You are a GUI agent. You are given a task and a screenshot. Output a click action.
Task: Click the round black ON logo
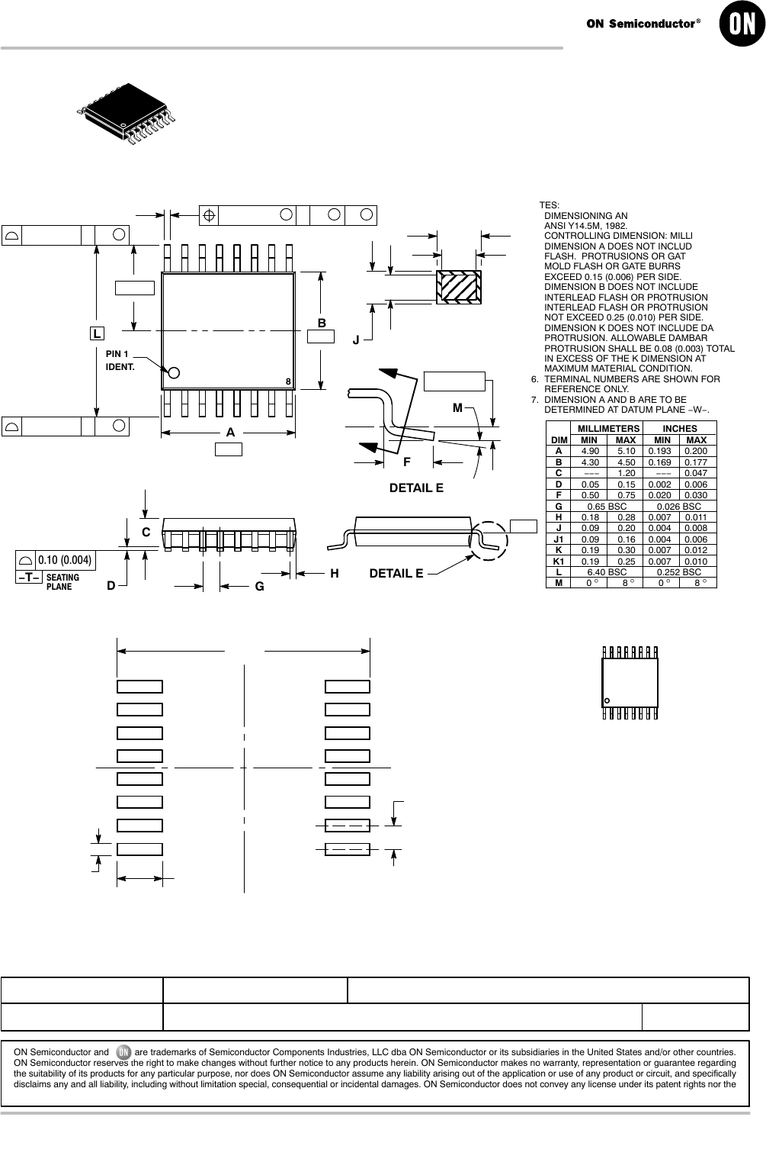coord(742,24)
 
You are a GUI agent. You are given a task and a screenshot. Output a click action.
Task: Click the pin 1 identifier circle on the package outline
coord(174,372)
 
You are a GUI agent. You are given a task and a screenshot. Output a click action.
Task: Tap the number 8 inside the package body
coord(288,381)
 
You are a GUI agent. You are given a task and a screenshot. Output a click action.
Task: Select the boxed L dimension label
coord(97,333)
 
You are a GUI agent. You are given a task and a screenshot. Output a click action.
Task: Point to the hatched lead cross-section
coord(459,287)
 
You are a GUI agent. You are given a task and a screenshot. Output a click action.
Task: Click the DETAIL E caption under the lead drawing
coord(416,488)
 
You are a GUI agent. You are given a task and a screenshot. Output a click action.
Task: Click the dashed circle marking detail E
coord(489,540)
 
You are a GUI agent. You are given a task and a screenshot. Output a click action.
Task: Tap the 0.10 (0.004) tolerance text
coord(65,560)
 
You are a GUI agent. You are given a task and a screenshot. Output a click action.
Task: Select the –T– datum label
coord(29,577)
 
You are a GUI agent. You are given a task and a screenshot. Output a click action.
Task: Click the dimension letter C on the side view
coord(146,533)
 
